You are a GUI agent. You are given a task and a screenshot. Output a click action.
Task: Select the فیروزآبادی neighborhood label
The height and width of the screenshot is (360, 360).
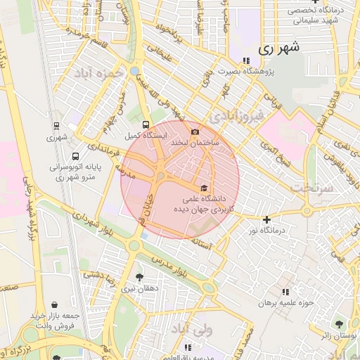(x=239, y=114)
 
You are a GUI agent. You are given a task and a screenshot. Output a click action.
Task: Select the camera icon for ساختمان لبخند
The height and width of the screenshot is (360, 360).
(x=195, y=131)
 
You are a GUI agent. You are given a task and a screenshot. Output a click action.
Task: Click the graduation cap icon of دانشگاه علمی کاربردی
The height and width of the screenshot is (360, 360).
(x=204, y=187)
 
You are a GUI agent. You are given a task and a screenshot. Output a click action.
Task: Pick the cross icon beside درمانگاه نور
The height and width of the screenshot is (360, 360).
(x=266, y=219)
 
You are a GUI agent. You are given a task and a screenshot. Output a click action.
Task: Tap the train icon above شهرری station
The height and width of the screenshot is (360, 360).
(x=56, y=126)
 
